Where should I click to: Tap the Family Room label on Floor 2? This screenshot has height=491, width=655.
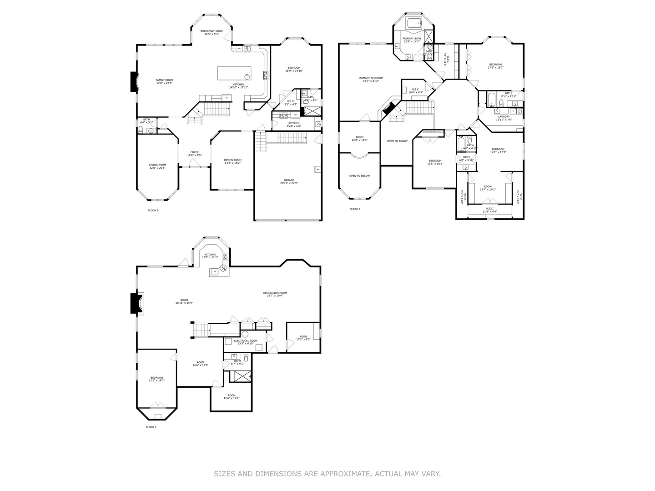coord(164,80)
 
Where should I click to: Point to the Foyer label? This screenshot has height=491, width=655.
coord(194,152)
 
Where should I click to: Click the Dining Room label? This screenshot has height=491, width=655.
coord(232,160)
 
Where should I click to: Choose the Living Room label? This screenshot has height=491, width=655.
coord(157,165)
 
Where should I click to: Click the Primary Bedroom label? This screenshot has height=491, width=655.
coord(371,78)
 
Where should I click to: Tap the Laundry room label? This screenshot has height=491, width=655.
coord(504,117)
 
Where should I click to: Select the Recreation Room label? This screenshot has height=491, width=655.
coord(275,293)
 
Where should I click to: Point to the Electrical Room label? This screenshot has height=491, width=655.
coord(245,341)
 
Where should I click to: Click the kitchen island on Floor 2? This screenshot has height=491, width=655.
coord(234,73)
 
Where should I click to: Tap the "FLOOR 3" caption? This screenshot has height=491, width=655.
coord(355,209)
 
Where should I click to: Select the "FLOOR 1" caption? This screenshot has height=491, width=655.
coord(151,427)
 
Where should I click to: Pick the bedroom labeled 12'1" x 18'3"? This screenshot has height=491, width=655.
coord(156,379)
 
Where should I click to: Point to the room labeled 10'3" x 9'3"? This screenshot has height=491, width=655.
coord(303,338)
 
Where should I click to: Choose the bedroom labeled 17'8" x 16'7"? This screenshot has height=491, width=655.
coord(495,66)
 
